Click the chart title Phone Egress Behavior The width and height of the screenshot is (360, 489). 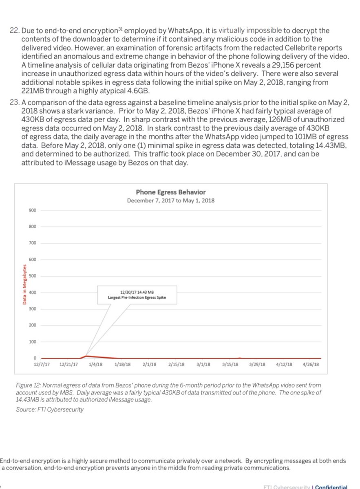(170, 192)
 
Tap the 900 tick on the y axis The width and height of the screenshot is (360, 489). (33, 210)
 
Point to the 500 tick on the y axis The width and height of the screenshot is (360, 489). (33, 276)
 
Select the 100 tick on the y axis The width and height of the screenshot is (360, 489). (33, 341)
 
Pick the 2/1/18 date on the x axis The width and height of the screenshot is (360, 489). (150, 365)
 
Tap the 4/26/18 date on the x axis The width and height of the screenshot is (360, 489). (311, 365)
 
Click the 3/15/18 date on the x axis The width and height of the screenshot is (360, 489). (230, 365)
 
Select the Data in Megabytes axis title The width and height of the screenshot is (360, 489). (25, 284)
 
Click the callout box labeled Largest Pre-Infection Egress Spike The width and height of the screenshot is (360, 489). (137, 295)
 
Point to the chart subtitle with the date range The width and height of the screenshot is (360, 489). (170, 200)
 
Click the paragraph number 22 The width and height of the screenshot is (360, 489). (14, 31)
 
